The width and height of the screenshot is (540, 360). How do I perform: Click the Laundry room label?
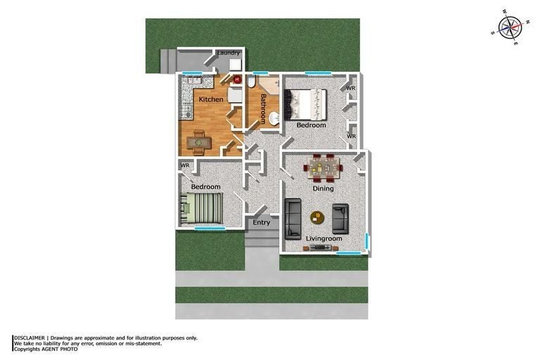pyautogui.click(x=229, y=53)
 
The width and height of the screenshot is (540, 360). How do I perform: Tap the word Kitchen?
pyautogui.click(x=211, y=100)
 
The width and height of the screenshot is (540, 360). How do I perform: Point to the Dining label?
pyautogui.click(x=323, y=188)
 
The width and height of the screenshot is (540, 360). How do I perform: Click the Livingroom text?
pyautogui.click(x=324, y=239)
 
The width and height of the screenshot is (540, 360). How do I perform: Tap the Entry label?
pyautogui.click(x=262, y=223)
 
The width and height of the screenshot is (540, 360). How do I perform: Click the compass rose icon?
pyautogui.click(x=509, y=28)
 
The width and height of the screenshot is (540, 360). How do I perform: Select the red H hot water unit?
pyautogui.click(x=237, y=80)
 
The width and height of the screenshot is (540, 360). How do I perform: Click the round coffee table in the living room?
pyautogui.click(x=317, y=217)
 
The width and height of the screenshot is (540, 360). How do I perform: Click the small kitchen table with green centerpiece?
pyautogui.click(x=198, y=141)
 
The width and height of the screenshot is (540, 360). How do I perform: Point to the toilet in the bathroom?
pyautogui.click(x=251, y=82)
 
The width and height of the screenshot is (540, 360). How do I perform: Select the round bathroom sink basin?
pyautogui.click(x=274, y=117)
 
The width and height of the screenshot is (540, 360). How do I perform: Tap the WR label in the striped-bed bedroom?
pyautogui.click(x=186, y=166)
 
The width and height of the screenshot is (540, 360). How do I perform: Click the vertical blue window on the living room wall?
pyautogui.click(x=368, y=244)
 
